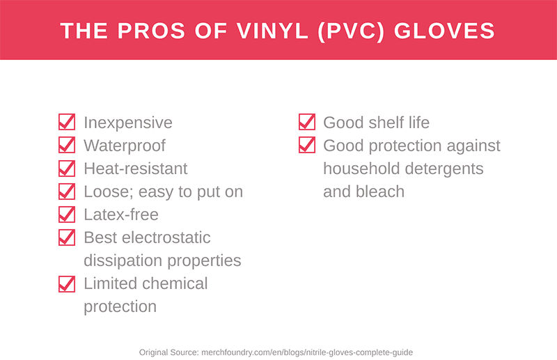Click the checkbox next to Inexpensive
67,123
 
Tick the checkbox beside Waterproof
67,146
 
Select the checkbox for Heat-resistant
67,169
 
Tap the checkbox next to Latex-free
67,214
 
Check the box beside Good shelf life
306,123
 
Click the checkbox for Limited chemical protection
67,283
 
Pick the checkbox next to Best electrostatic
67,237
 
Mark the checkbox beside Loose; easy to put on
67,191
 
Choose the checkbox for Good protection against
306,146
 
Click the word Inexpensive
128,123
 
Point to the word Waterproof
125,146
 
